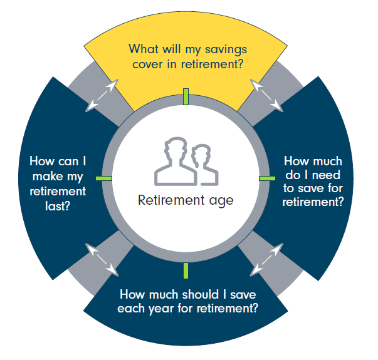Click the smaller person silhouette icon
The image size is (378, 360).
click(x=202, y=164)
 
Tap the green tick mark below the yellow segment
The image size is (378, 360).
click(x=186, y=96)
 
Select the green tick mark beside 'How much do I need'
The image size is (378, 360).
click(x=267, y=178)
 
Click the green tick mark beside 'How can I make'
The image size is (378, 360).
click(x=103, y=178)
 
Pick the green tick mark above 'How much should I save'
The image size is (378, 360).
click(x=186, y=270)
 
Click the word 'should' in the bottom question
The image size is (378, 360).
click(x=197, y=294)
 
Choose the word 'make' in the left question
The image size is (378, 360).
click(x=58, y=176)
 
